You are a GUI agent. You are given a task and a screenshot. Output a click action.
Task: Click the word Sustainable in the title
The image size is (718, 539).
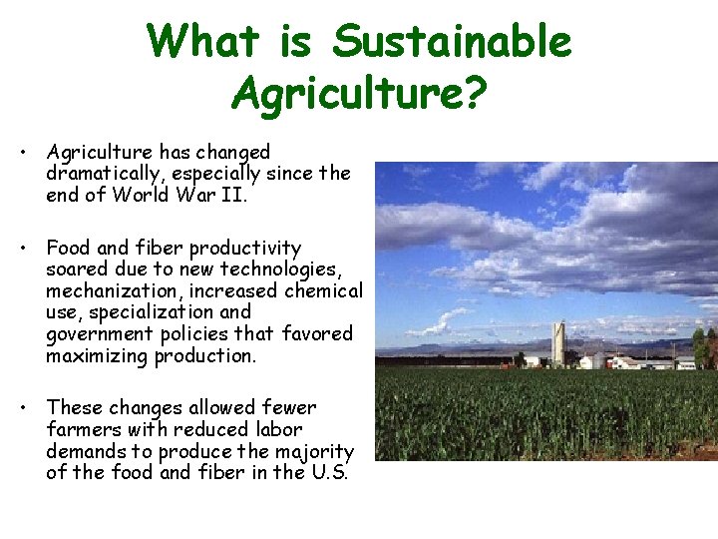(x=452, y=42)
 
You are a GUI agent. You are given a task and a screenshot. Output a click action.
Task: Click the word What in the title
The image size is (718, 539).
(x=202, y=42)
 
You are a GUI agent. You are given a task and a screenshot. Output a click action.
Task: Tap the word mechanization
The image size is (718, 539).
(x=107, y=291)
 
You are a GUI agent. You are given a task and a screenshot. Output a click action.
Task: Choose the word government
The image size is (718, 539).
(x=96, y=334)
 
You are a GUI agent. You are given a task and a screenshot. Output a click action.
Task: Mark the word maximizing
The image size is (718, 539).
(x=98, y=355)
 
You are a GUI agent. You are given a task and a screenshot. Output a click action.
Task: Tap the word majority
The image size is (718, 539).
(x=317, y=451)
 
